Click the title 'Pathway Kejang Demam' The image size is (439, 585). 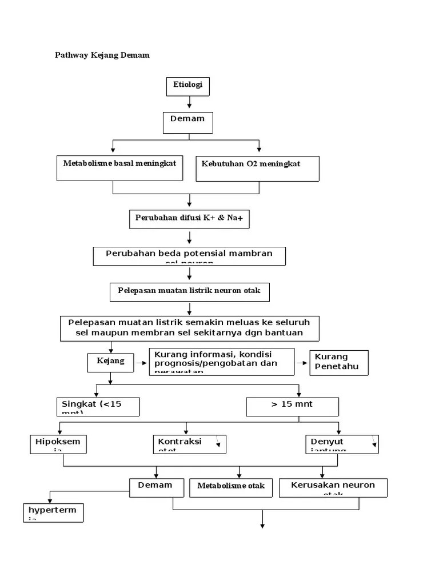click(102, 55)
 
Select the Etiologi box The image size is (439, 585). click(188, 86)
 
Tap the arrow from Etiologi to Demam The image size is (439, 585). click(189, 102)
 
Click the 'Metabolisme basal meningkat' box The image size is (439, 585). click(120, 168)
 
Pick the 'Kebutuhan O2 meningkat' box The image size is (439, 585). click(257, 169)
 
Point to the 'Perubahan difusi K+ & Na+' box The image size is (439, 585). click(189, 219)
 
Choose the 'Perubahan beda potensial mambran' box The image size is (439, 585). click(189, 256)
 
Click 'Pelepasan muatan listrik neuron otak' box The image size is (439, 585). click(189, 291)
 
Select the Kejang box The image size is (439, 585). click(110, 362)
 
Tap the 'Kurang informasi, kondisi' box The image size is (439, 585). click(222, 362)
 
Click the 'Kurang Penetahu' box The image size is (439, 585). click(339, 362)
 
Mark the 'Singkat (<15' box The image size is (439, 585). click(98, 407)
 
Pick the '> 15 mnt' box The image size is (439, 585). click(292, 406)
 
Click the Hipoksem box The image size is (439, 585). click(58, 444)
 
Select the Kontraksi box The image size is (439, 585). click(189, 444)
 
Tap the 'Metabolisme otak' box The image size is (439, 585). click(231, 486)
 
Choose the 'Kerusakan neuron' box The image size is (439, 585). click(333, 487)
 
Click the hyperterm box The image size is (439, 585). click(53, 512)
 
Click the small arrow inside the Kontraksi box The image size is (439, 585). click(217, 442)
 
